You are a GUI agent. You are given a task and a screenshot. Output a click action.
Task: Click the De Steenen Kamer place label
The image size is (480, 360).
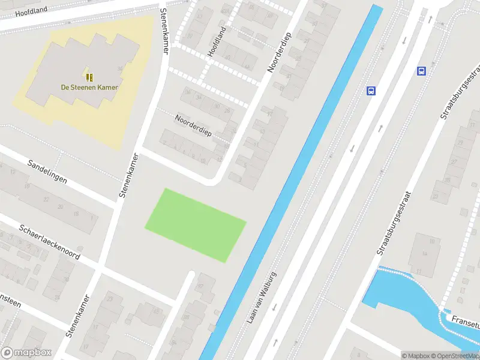click(89, 87)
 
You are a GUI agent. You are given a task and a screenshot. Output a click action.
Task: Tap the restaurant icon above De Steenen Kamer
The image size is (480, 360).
click(89, 77)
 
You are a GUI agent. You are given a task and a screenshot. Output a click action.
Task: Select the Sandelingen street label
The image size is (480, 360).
click(47, 172)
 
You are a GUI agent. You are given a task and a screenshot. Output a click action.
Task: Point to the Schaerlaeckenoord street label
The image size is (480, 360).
click(49, 240)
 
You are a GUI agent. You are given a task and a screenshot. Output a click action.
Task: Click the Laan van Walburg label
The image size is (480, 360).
click(262, 298)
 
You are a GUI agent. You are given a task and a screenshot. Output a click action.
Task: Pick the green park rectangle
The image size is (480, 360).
click(196, 225)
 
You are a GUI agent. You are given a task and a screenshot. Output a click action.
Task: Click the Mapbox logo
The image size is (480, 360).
click(25, 353)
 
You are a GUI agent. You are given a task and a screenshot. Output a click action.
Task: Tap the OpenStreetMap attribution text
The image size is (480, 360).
click(454, 356)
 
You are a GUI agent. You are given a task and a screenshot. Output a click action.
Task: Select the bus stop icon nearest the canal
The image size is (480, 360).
click(371, 91)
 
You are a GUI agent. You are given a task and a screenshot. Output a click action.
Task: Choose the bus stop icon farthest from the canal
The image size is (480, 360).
click(421, 71)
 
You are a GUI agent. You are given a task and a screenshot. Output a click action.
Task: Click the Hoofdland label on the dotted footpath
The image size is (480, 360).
click(217, 42)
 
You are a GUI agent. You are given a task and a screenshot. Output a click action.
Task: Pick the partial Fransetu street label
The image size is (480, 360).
click(466, 322)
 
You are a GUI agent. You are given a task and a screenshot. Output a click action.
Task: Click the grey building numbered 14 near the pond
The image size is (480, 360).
click(425, 254)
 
